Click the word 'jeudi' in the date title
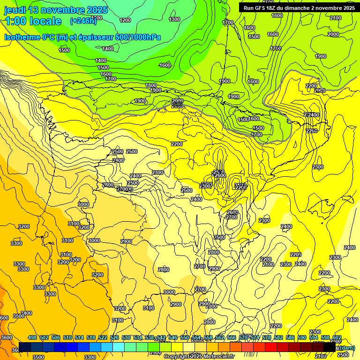[x=15, y=10]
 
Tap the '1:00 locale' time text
[x=33, y=21]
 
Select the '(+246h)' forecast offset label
[x=83, y=21]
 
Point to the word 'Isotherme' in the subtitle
[x=22, y=37]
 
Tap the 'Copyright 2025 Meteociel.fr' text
[x=199, y=357]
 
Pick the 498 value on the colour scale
[x=32, y=338]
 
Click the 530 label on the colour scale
[x=126, y=338]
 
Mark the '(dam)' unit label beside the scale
[x=346, y=347]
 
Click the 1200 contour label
[x=125, y=20]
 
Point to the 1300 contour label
[x=174, y=19]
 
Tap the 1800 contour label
[x=151, y=85]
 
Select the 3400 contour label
[x=26, y=313]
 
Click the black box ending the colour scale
[x=330, y=347]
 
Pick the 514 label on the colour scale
[x=79, y=338]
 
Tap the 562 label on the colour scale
[x=220, y=338]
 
